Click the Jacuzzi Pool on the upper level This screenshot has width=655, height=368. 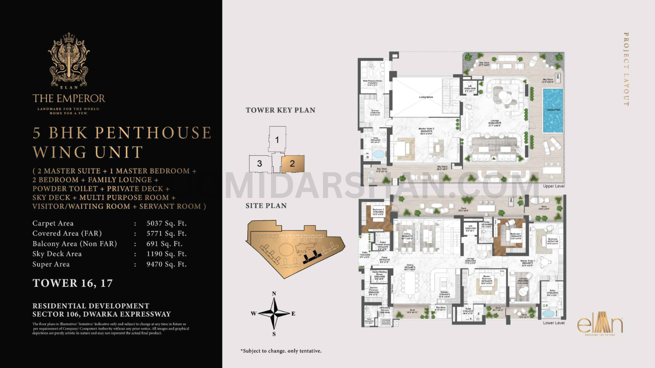pos(553,110)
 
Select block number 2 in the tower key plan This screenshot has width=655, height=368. pos(293,164)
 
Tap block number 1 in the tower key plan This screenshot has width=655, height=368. pos(277,140)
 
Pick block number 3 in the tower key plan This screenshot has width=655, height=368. pos(260,164)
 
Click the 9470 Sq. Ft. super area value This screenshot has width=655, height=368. pos(166,264)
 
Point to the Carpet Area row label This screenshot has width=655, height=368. pos(53,223)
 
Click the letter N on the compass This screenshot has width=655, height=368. pos(274,294)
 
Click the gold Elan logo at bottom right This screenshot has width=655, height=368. pos(600,324)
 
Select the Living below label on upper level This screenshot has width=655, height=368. pos(426,97)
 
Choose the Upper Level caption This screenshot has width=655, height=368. pos(553,186)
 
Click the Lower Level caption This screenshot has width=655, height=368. pos(553,323)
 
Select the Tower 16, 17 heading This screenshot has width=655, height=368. pos(72,283)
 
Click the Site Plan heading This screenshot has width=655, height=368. pos(266,206)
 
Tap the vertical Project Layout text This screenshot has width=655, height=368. pos(626,70)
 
